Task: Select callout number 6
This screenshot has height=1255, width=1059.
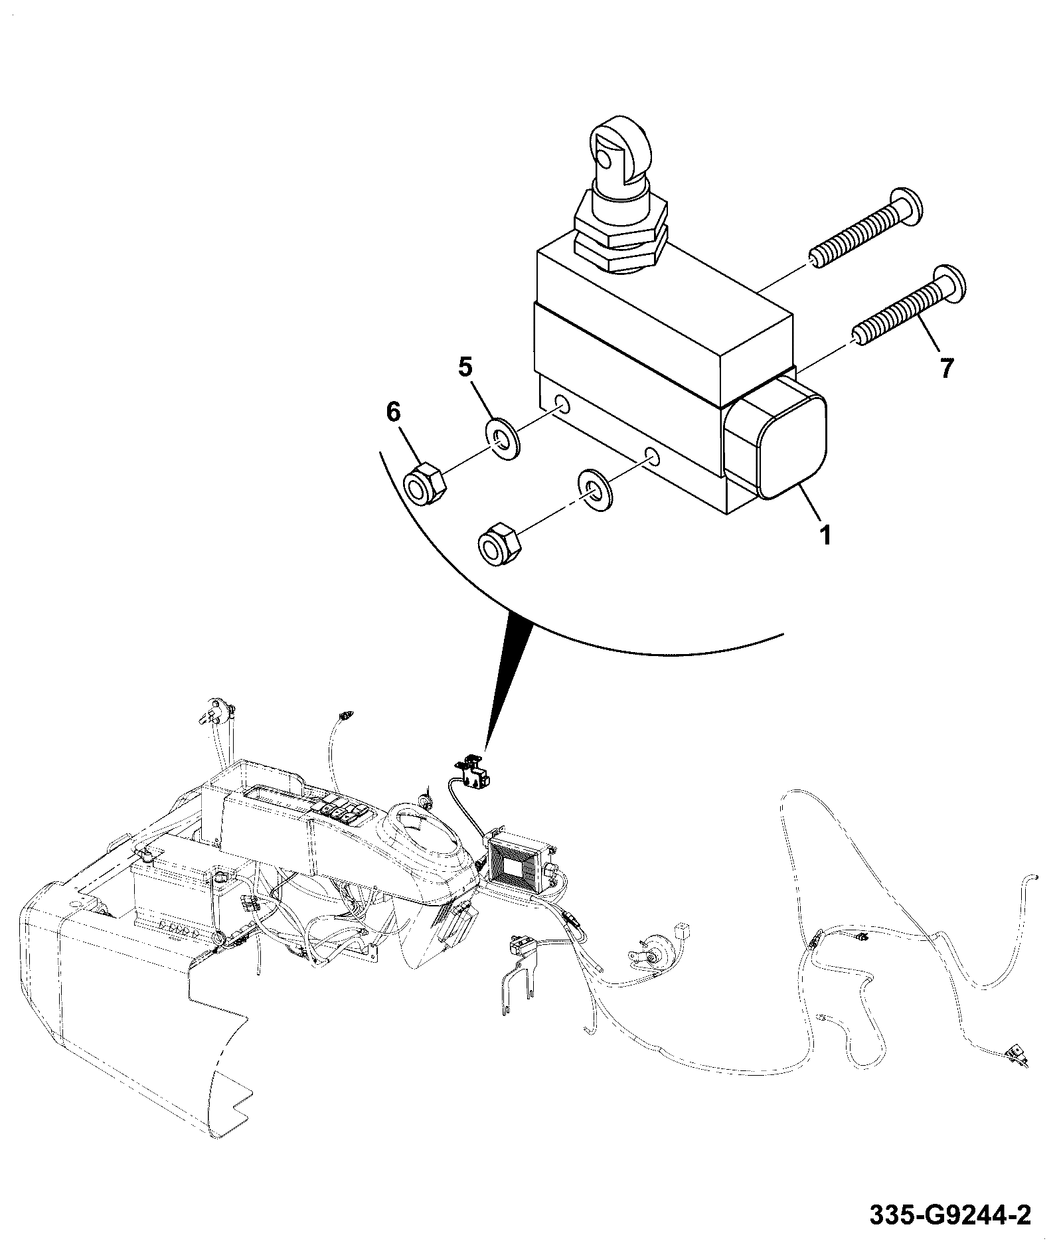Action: [394, 413]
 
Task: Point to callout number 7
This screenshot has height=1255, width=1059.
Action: [947, 367]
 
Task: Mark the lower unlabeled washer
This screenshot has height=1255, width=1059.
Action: [596, 489]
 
